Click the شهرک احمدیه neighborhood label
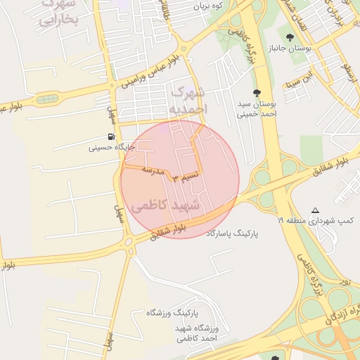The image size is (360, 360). click(188, 101)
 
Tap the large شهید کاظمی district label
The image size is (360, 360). click(165, 206)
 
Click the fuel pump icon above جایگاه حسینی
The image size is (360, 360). click(112, 136)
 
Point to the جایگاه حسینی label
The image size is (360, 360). click(111, 148)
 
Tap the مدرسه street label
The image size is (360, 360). click(153, 169)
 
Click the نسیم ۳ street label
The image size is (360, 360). click(186, 176)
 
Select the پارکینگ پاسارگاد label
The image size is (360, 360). click(232, 232)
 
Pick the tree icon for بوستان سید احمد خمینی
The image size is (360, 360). click(256, 92)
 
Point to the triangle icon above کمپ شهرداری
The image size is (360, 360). click(315, 210)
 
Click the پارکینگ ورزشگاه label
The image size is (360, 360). click(174, 311)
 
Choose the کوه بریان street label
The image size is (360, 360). click(208, 6)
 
